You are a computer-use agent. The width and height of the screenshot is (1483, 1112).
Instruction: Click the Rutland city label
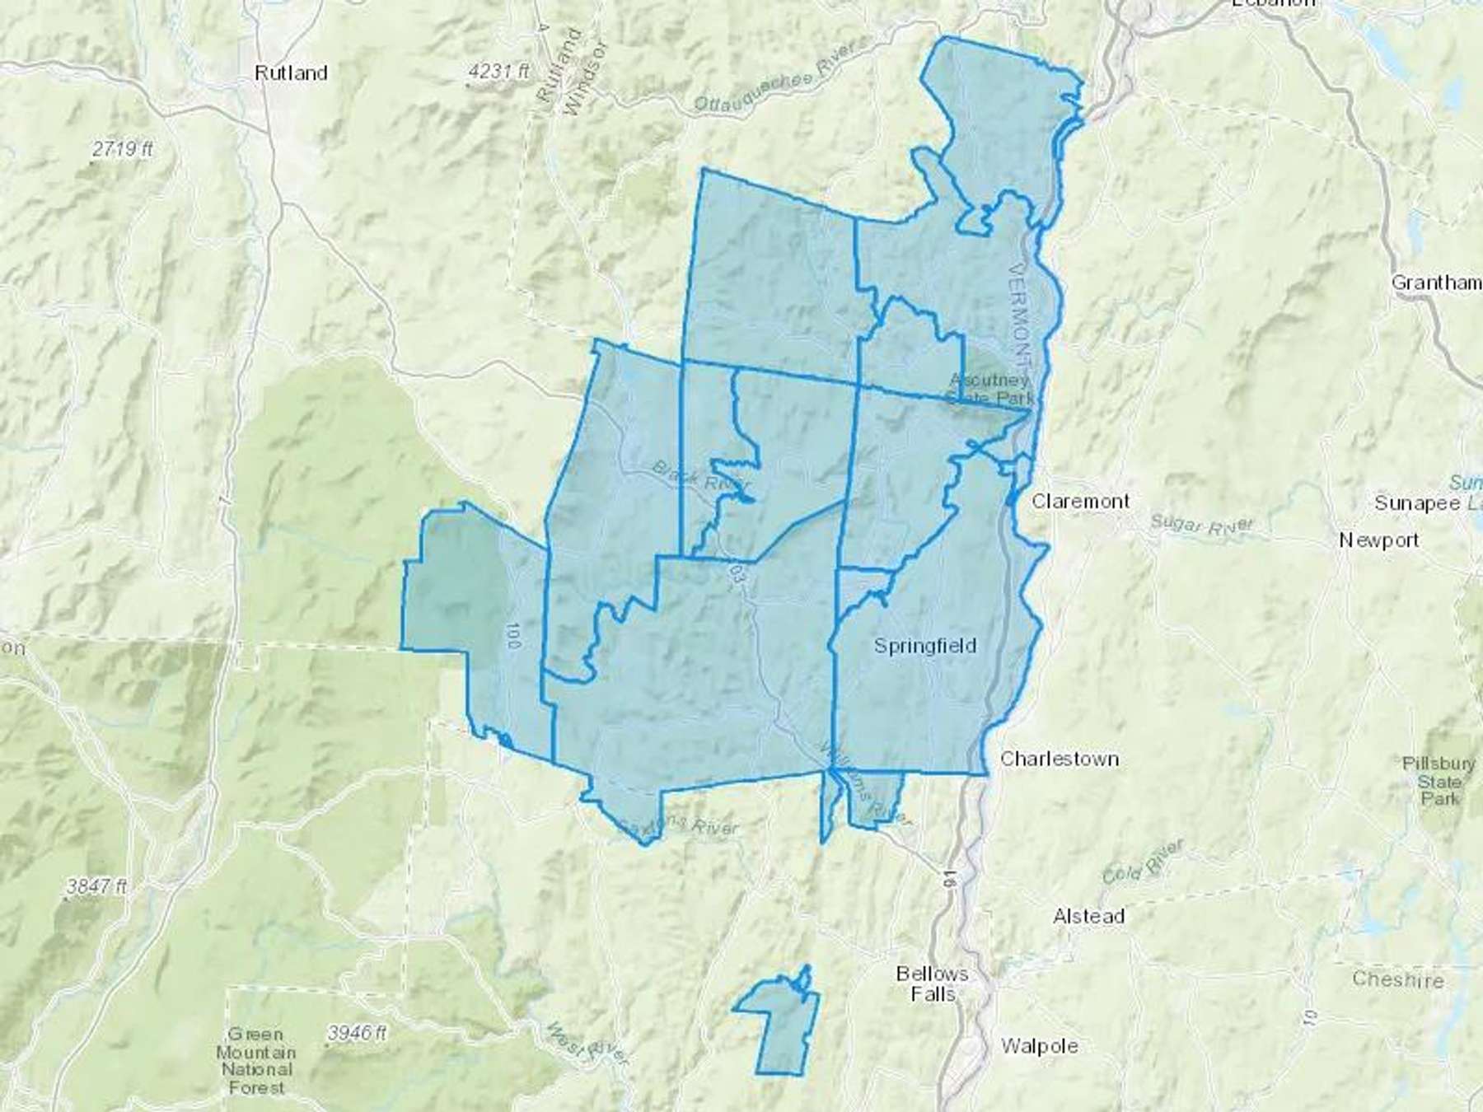pyautogui.click(x=291, y=73)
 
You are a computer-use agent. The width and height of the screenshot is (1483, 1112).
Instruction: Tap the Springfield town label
pyautogui.click(x=924, y=646)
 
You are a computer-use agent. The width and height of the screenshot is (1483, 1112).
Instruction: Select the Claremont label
pyautogui.click(x=1081, y=501)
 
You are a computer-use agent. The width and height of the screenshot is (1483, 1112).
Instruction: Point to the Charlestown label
pyautogui.click(x=1060, y=759)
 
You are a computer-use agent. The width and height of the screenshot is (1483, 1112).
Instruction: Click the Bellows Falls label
pyautogui.click(x=933, y=984)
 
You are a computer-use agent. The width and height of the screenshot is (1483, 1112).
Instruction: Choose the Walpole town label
pyautogui.click(x=1040, y=1046)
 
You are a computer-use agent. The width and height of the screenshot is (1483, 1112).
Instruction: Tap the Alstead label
pyautogui.click(x=1088, y=916)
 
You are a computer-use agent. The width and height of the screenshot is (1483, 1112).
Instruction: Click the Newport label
pyautogui.click(x=1379, y=540)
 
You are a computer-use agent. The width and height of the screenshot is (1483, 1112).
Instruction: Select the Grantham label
pyautogui.click(x=1436, y=283)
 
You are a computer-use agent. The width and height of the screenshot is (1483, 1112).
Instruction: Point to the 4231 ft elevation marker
pyautogui.click(x=498, y=72)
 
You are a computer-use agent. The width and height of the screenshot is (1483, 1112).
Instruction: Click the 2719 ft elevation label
pyautogui.click(x=122, y=149)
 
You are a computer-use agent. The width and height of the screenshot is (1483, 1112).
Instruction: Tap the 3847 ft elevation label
pyautogui.click(x=96, y=887)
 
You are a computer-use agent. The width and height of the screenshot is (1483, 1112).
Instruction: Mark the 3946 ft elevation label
pyautogui.click(x=357, y=1032)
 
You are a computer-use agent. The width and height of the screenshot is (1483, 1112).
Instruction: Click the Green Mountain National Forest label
pyautogui.click(x=255, y=1061)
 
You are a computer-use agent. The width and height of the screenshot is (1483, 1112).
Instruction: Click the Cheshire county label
pyautogui.click(x=1397, y=980)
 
